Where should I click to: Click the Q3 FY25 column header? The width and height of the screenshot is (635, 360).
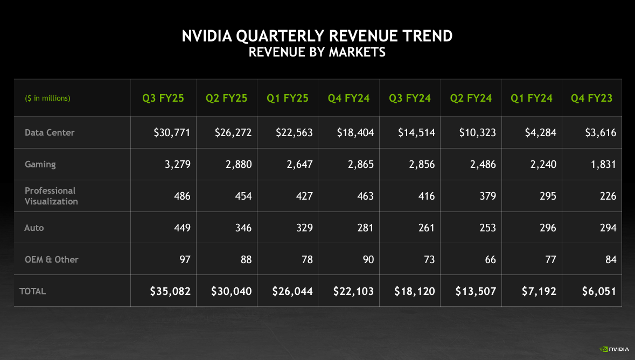[163, 98]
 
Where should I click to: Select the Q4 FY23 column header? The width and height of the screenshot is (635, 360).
[591, 98]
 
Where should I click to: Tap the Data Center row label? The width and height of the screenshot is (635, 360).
[50, 132]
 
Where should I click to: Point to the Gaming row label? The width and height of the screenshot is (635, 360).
[40, 164]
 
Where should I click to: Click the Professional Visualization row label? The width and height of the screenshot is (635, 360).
[51, 196]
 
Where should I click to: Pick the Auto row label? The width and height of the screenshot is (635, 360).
[34, 228]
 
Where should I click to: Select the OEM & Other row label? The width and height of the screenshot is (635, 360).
[51, 259]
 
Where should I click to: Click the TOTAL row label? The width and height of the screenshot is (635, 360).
[32, 291]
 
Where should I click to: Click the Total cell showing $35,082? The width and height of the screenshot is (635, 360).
[170, 291]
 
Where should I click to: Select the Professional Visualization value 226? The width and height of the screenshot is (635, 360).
[608, 196]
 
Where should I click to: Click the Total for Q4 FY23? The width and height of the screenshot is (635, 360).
[599, 291]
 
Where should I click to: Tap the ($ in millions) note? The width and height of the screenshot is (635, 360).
[47, 98]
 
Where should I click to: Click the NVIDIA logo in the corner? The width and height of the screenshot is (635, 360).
[614, 349]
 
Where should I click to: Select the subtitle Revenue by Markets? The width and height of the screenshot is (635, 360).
[317, 52]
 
